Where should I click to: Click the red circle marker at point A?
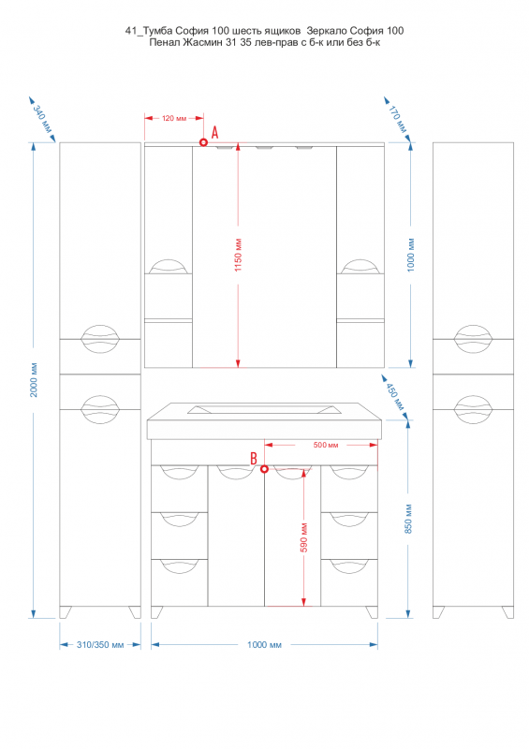click(x=203, y=142)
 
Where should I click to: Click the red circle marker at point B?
click(x=264, y=469)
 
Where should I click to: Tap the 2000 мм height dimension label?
click(x=34, y=380)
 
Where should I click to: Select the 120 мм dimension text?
click(x=174, y=118)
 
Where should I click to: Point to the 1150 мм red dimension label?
click(x=238, y=255)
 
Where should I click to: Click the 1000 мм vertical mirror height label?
click(x=411, y=255)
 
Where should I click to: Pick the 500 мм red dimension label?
click(x=326, y=445)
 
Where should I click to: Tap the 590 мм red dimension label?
click(x=304, y=537)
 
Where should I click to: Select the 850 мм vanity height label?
click(x=408, y=519)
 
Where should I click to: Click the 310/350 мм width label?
click(x=100, y=645)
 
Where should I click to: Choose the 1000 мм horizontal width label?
click(x=264, y=645)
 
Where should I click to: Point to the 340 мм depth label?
click(x=42, y=119)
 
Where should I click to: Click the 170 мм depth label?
click(x=397, y=119)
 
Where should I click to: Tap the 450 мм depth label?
click(x=395, y=396)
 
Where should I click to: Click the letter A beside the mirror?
click(x=215, y=132)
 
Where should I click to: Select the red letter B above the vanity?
click(x=254, y=459)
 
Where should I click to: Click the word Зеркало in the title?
click(x=327, y=31)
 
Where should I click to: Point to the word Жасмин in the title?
click(x=203, y=42)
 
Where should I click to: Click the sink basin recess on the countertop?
click(x=264, y=409)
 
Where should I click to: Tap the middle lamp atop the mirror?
click(x=263, y=147)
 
